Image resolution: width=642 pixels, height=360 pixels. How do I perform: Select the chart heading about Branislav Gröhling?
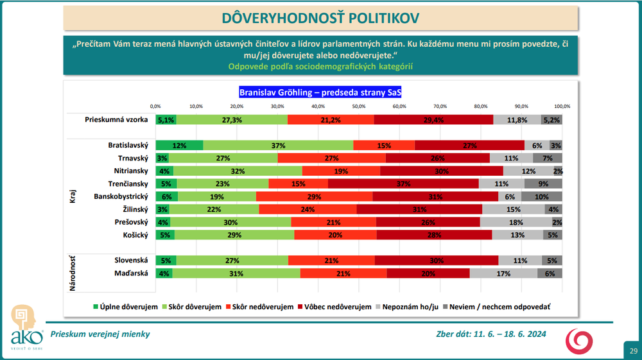[320, 92]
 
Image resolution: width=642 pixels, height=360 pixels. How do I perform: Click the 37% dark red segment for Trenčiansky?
[403, 183]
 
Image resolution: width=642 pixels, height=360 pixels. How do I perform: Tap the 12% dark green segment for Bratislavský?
[179, 146]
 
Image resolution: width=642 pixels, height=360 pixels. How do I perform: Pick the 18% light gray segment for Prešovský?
[516, 222]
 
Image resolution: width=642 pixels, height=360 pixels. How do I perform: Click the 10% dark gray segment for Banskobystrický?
[542, 196]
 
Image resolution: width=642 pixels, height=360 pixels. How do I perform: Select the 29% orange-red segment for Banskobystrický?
[314, 196]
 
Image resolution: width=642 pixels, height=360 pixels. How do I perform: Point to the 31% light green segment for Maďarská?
[236, 273]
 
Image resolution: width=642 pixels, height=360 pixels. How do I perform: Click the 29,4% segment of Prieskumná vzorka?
[433, 119]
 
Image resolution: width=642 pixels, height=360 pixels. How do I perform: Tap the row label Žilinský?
[135, 209]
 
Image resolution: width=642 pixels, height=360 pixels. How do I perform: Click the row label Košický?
[136, 235]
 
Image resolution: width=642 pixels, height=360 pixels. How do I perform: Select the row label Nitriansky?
[131, 171]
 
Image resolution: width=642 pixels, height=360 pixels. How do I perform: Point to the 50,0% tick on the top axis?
[358, 106]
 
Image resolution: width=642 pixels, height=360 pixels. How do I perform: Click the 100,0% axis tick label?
[562, 106]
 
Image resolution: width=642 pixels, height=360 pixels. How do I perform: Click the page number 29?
[633, 350]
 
